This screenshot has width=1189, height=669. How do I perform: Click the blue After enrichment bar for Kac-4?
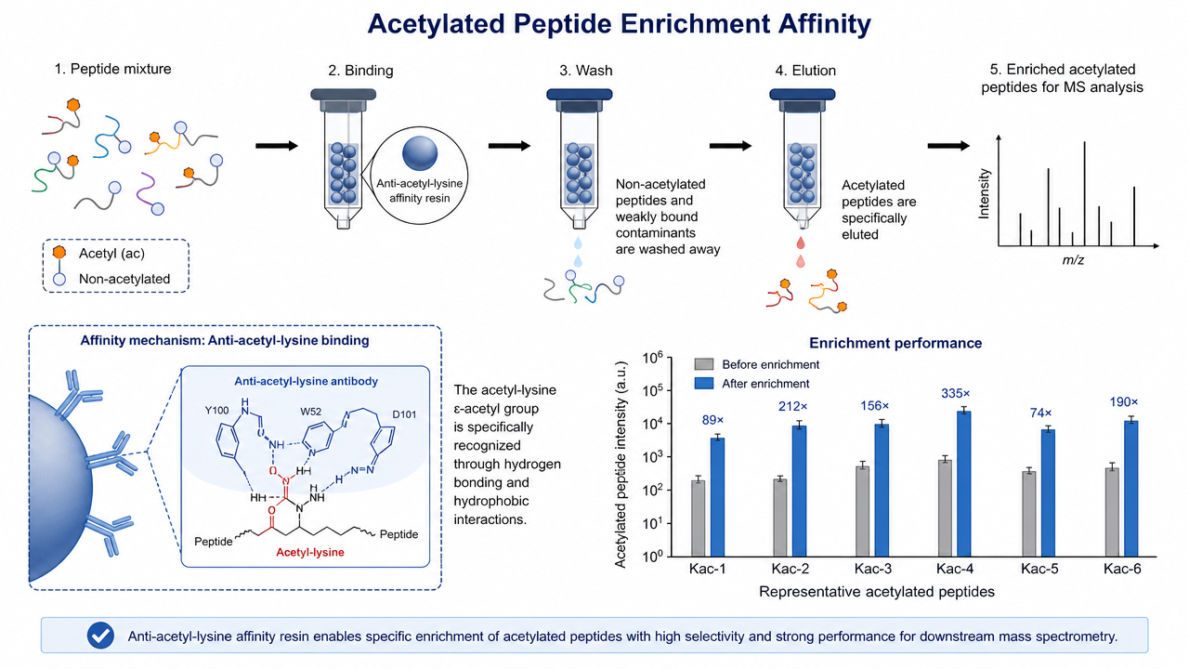click(x=964, y=484)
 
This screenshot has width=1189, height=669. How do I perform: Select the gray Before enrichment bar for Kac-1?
click(x=699, y=518)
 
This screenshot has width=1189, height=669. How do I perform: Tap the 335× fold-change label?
click(x=956, y=393)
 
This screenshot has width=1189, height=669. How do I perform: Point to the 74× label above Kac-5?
click(x=1040, y=413)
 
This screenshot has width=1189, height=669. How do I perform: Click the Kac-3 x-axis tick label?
click(x=872, y=569)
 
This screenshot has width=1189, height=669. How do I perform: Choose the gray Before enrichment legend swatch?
click(x=704, y=364)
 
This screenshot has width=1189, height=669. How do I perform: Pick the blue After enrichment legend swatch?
click(x=704, y=384)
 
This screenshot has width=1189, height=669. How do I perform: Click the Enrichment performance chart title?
click(x=895, y=343)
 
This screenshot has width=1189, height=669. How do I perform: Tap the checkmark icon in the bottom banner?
click(x=101, y=636)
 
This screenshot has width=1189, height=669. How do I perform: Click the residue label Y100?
click(x=216, y=411)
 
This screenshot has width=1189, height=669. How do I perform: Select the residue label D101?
click(x=404, y=414)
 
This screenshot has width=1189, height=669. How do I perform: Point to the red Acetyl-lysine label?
click(x=310, y=552)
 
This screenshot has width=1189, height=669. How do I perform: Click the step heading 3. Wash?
click(x=586, y=71)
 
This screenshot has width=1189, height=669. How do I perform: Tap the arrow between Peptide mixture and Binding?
click(x=277, y=146)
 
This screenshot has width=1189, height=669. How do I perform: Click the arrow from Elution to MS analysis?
click(x=948, y=146)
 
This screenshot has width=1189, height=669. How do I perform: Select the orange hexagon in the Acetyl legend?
click(x=59, y=252)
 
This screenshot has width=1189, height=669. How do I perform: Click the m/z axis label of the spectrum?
click(x=1073, y=260)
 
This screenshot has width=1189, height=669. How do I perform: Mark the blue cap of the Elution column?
click(x=802, y=95)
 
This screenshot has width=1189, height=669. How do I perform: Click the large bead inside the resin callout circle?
click(x=420, y=153)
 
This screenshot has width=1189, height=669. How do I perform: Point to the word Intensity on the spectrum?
click(x=984, y=194)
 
